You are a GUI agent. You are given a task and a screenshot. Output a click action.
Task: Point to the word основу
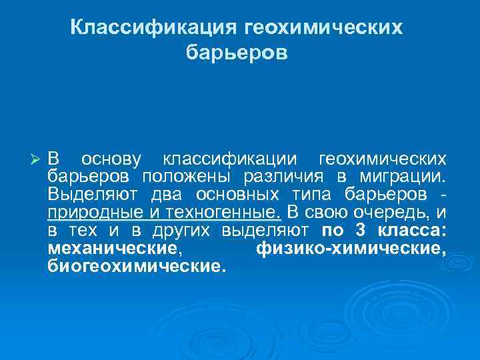[x=111, y=160]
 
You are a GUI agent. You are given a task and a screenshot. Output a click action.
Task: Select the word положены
[x=185, y=178]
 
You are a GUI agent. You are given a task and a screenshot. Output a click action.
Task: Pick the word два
[x=175, y=195]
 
